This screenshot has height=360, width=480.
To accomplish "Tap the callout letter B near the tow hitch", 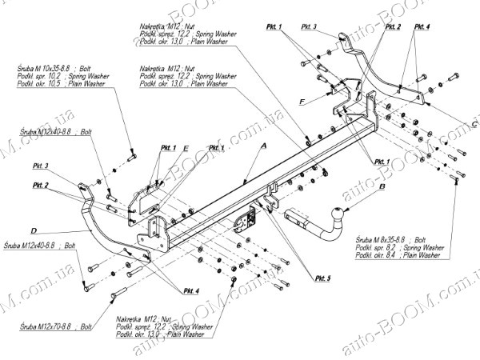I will click(x=382, y=186).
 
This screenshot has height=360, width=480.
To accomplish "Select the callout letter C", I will click(x=473, y=124).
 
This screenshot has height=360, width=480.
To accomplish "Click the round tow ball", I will click(x=338, y=214).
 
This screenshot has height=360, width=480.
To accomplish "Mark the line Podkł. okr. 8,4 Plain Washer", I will click(x=410, y=255).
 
